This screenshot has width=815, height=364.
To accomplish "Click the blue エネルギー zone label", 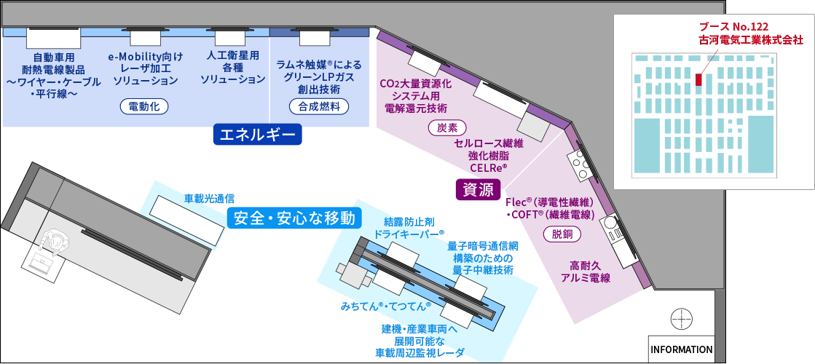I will point(257,134).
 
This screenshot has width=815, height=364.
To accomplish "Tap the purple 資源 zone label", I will point(478,189).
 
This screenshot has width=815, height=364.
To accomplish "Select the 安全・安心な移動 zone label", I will point(294,218).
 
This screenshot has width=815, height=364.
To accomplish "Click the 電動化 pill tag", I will point(144,107).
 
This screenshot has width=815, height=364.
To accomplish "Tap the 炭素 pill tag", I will point(447,127).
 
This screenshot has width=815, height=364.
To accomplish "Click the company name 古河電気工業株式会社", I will point(750,41).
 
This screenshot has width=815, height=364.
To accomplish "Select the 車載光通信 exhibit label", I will point(208,197).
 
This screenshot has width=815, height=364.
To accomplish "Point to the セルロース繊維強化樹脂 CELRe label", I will point(489,155).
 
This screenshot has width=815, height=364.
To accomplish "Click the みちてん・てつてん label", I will point(385,306).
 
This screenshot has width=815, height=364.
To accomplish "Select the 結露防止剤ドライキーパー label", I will point(409,227).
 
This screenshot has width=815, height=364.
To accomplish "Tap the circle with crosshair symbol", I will point(681,318).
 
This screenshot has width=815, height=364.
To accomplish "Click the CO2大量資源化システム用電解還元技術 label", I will point(416,95).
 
